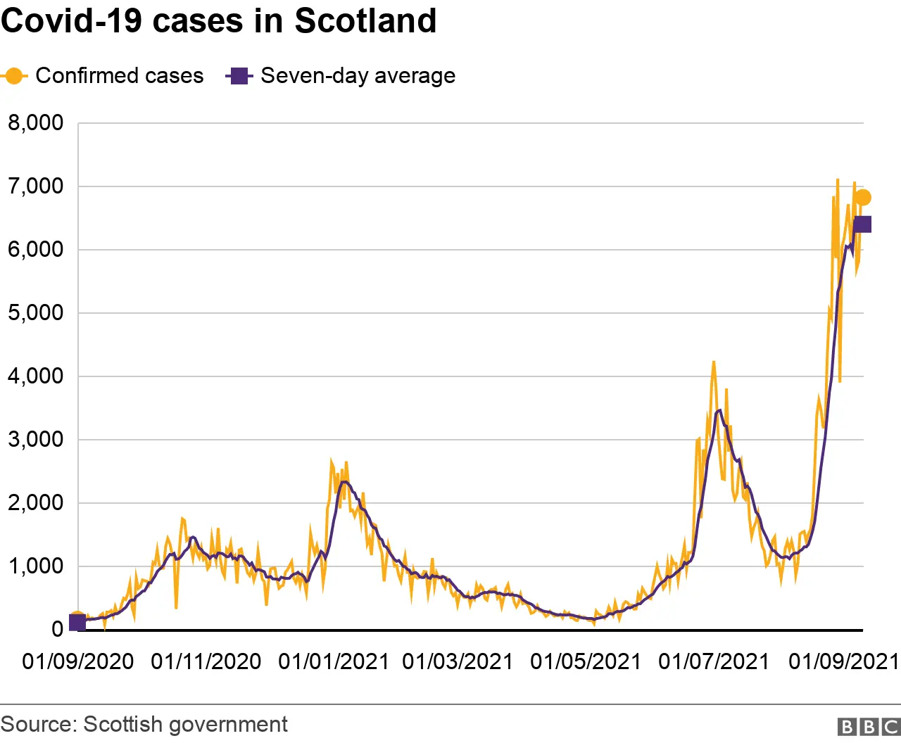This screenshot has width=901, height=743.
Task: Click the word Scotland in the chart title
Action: pyautogui.click(x=365, y=20)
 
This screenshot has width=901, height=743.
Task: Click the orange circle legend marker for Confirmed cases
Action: pyautogui.click(x=13, y=76)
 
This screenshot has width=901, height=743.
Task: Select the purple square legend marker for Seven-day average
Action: pyautogui.click(x=239, y=76)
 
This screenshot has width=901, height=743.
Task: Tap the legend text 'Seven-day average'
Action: pyautogui.click(x=358, y=76)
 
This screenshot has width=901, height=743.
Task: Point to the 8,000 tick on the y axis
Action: pyautogui.click(x=35, y=123)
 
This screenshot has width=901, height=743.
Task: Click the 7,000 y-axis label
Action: pyautogui.click(x=35, y=186)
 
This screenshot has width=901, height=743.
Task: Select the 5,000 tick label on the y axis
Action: pyautogui.click(x=35, y=313)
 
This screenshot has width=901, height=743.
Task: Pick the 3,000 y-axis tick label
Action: pyautogui.click(x=35, y=440)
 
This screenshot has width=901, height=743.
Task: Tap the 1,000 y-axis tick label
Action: pyautogui.click(x=35, y=566)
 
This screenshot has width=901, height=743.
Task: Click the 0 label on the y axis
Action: pyautogui.click(x=57, y=630)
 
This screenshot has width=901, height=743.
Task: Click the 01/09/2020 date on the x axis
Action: pyautogui.click(x=77, y=662)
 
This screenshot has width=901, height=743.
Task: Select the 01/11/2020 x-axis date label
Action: pyautogui.click(x=206, y=662)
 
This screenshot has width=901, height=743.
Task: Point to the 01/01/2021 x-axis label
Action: pyautogui.click(x=333, y=662)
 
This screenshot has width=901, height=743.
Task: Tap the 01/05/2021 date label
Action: pyautogui.click(x=586, y=662)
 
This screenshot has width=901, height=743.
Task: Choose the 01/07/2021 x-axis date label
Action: pyautogui.click(x=714, y=662)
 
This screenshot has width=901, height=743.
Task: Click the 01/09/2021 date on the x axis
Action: pyautogui.click(x=843, y=662)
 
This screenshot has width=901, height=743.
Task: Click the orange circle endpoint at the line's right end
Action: pyautogui.click(x=862, y=198)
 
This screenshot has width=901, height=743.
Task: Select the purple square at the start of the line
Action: pyautogui.click(x=77, y=623)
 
